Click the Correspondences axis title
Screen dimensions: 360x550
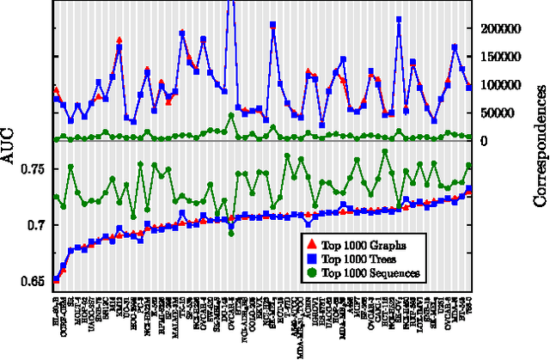(x=541, y=151)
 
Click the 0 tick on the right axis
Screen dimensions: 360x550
(x=481, y=140)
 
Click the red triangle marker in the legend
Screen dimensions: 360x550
(x=313, y=245)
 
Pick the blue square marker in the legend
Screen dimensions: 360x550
(x=313, y=258)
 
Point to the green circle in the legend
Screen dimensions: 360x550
(x=313, y=272)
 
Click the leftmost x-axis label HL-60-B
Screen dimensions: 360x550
(x=57, y=303)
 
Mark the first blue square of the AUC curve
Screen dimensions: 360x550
(x=57, y=279)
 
